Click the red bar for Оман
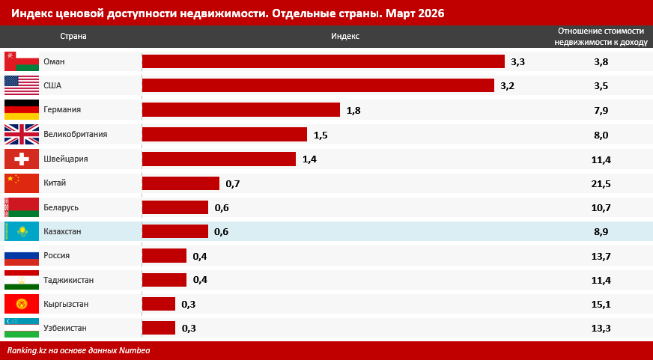323,61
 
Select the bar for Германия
240,110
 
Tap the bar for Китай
180,183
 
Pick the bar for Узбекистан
158,328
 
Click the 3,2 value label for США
507,86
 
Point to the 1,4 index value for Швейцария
309,159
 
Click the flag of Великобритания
22,135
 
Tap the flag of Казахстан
22,232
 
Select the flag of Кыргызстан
22,304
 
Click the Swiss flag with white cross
22,159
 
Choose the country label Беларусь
61,207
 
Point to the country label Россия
57,255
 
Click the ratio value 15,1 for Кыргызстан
601,304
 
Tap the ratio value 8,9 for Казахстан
601,232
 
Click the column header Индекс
345,36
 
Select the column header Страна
73,36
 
